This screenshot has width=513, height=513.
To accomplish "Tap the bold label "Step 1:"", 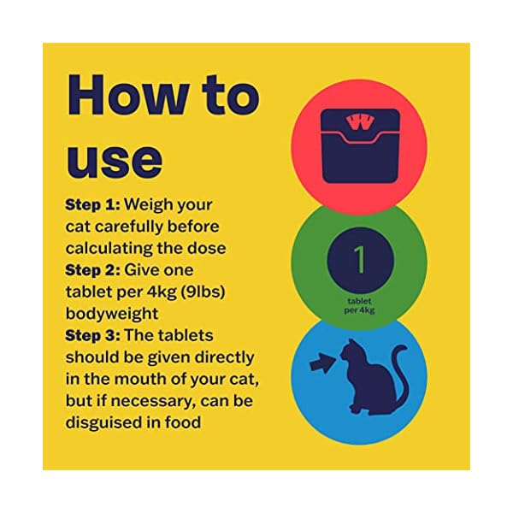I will (93, 206).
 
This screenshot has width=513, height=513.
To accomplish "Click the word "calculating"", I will (109, 248).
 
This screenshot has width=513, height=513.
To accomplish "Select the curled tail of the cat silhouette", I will (398, 376).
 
